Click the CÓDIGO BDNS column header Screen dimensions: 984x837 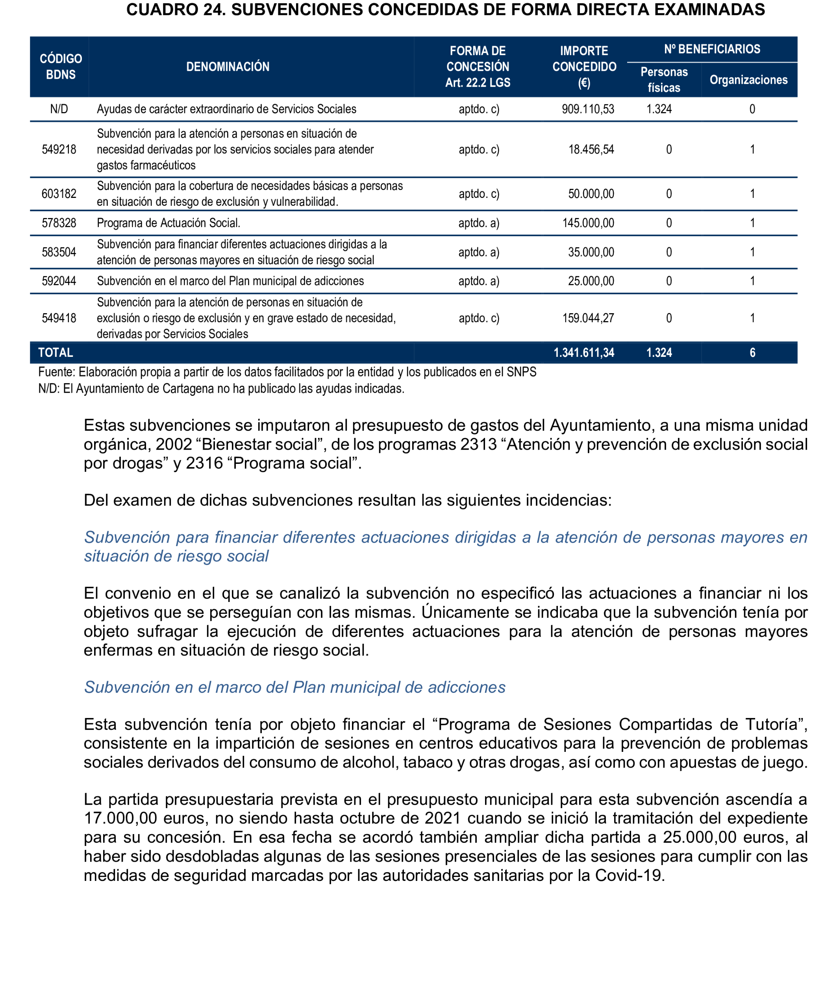click(x=60, y=66)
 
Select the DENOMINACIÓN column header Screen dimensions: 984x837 click(x=228, y=66)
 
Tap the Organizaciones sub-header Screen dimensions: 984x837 click(x=748, y=79)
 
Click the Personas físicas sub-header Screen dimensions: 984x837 click(x=664, y=79)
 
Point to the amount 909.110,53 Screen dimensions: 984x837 click(x=587, y=109)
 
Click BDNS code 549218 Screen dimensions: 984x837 click(x=59, y=150)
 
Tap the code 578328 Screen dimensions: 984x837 click(x=59, y=223)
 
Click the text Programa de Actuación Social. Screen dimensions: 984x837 click(x=169, y=223)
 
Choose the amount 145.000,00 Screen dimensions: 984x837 click(x=588, y=223)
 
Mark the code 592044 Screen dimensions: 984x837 click(x=59, y=281)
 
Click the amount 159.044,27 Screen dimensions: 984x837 click(x=588, y=318)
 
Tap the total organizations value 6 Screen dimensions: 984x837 click(x=752, y=353)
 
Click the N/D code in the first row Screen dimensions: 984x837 click(x=59, y=109)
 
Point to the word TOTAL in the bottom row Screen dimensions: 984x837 click(x=56, y=353)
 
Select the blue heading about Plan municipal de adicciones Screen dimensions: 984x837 click(x=294, y=687)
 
